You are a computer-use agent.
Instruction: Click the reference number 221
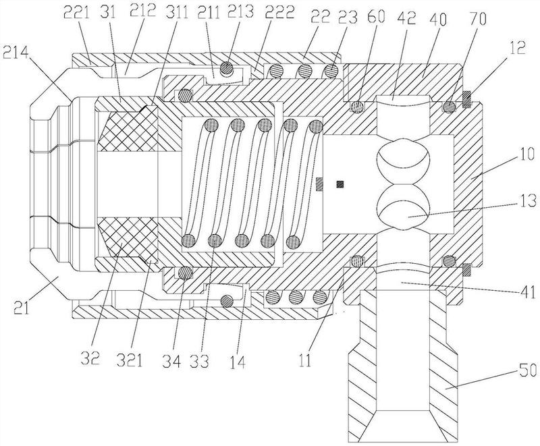point(76,13)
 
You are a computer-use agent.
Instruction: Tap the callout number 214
point(16,53)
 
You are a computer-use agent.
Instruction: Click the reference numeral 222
point(279,12)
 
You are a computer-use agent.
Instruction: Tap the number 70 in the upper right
point(477,19)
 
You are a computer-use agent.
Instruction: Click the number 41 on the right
point(527,292)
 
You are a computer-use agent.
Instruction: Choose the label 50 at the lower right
point(529,371)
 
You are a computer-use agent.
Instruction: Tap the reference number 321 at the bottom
point(129,361)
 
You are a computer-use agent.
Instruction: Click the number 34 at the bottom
point(171,362)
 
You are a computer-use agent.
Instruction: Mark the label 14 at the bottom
point(238,362)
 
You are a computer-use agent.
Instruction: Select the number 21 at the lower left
point(22,307)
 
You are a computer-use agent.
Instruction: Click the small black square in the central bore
point(340,184)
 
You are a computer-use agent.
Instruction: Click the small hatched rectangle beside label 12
point(467,99)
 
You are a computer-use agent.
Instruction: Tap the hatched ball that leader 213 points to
point(226,67)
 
